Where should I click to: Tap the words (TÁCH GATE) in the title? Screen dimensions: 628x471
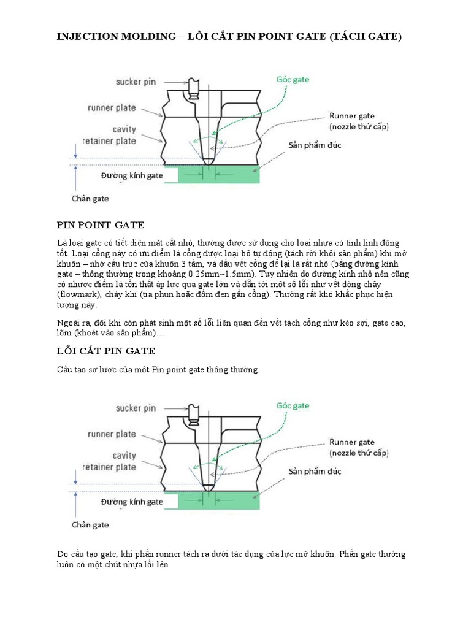pos(366,37)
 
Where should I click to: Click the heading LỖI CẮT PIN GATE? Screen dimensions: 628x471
pos(106,351)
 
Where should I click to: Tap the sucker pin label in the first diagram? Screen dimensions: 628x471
pos(136,82)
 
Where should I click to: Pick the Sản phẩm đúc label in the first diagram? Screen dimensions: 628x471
pos(315,145)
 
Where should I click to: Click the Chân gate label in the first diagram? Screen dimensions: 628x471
pos(90,199)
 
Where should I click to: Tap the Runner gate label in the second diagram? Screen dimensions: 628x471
pos(351,442)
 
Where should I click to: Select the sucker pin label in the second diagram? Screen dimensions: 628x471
pos(136,408)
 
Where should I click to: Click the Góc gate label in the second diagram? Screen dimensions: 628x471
pos(293,405)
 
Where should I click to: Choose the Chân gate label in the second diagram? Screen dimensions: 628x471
pos(90,524)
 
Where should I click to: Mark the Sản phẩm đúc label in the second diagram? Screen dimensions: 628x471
pos(315,472)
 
